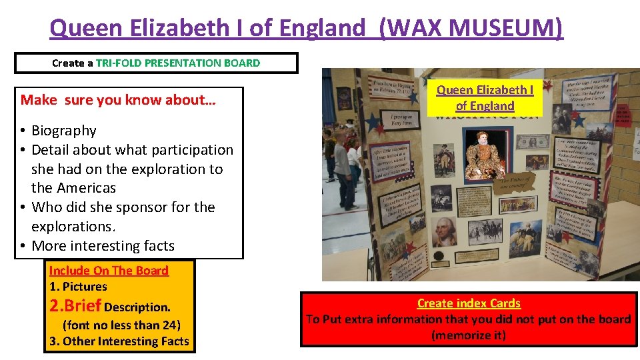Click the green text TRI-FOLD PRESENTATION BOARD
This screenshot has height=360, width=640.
click(178, 63)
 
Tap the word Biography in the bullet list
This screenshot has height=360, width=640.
click(64, 131)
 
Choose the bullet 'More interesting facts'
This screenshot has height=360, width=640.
click(103, 246)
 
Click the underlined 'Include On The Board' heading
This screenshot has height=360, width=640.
click(109, 271)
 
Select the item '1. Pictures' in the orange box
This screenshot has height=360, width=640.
click(78, 287)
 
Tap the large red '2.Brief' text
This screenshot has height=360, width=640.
click(75, 306)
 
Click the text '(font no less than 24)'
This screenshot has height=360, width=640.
click(121, 325)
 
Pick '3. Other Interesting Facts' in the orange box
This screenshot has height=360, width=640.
click(119, 341)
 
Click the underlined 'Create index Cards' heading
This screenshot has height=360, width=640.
click(469, 303)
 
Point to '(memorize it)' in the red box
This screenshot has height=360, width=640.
click(469, 335)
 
